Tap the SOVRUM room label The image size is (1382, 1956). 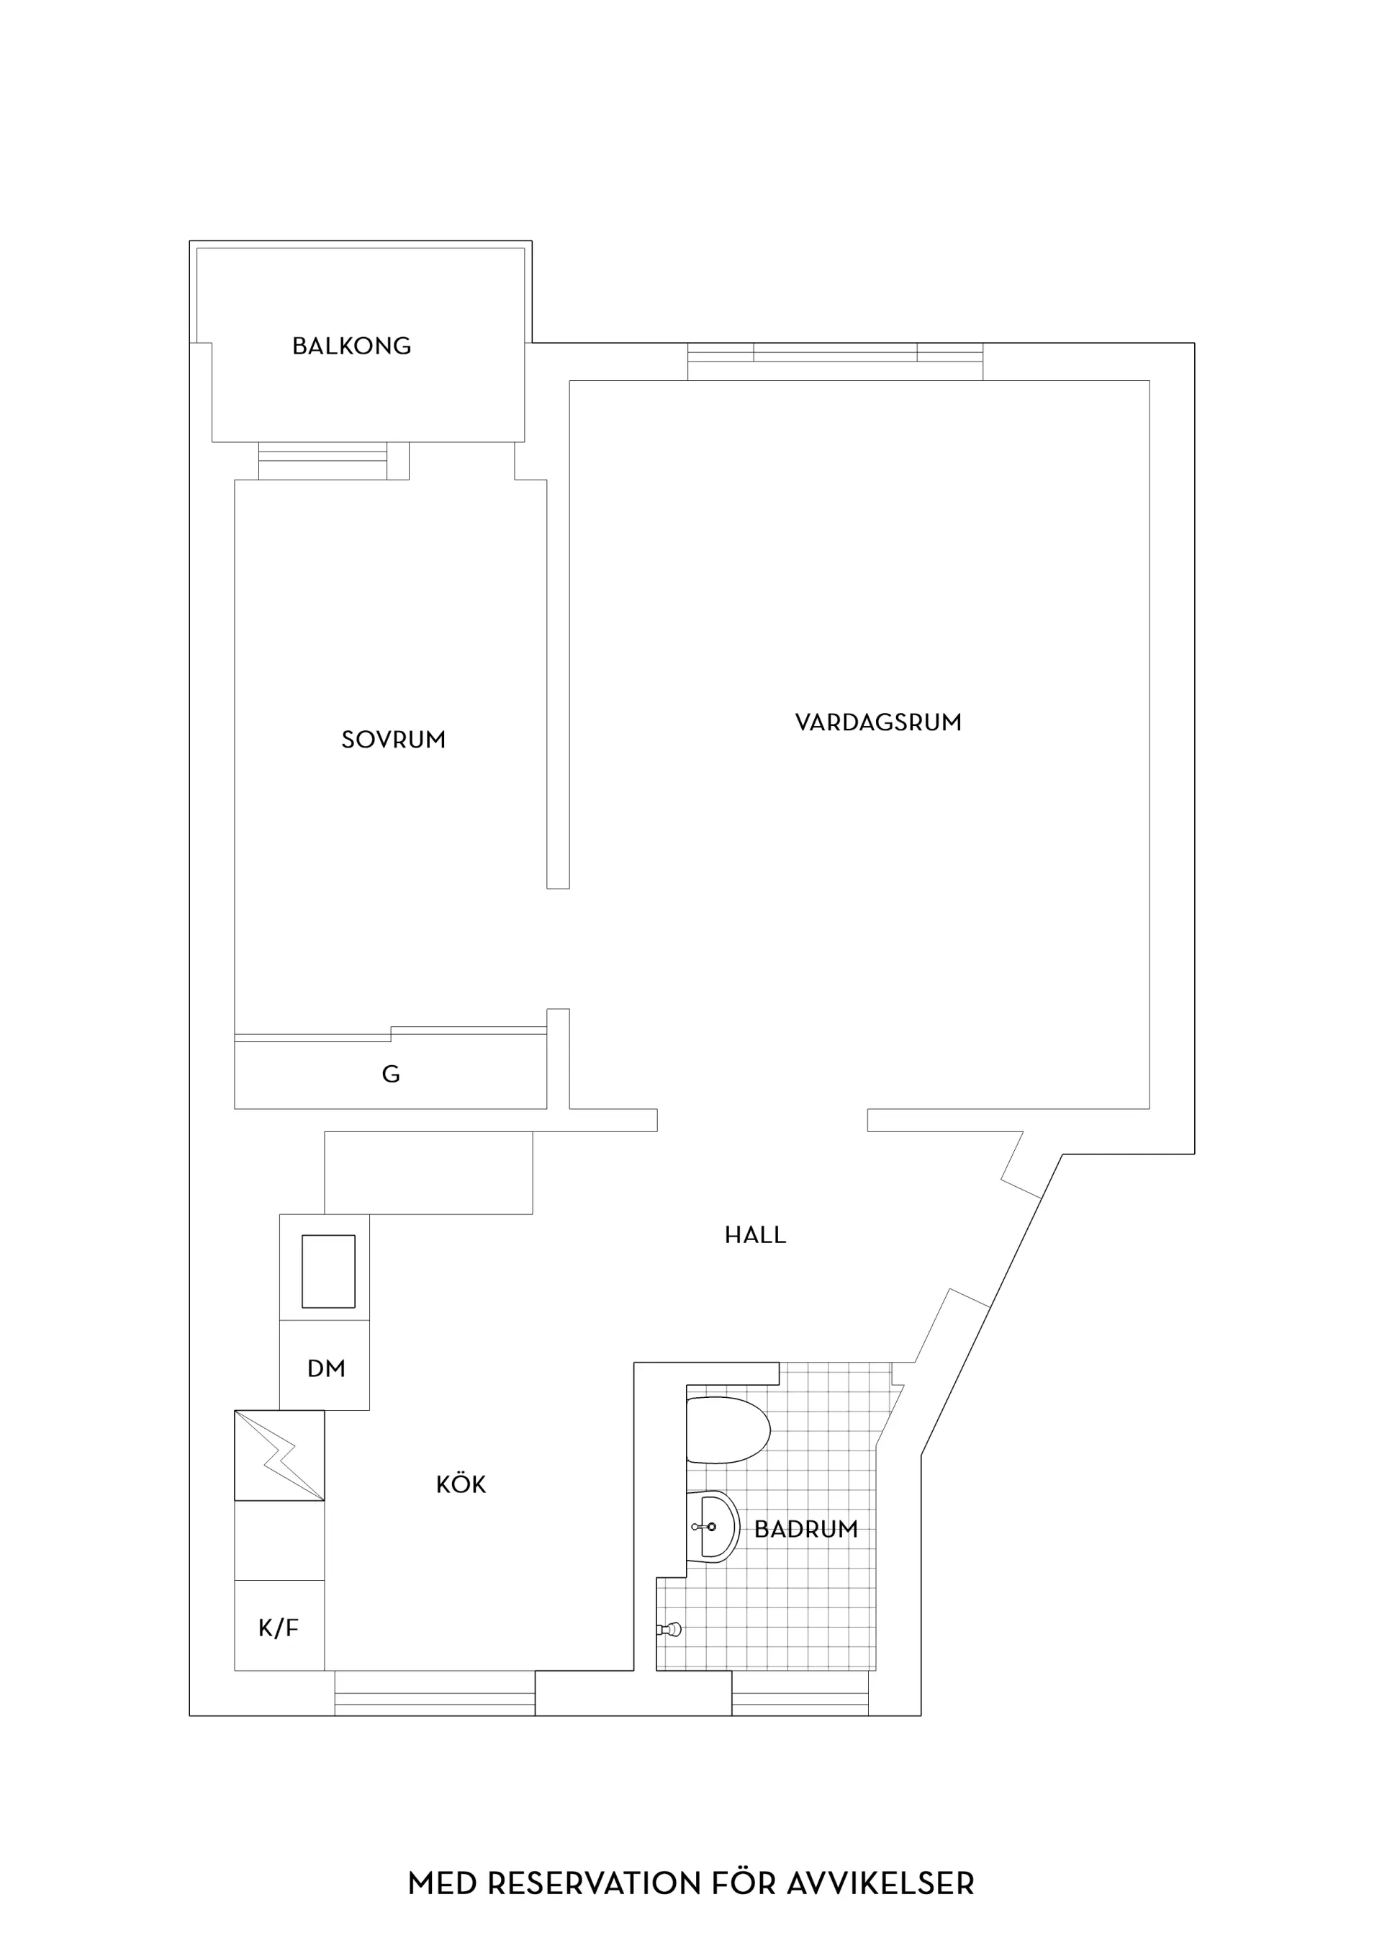[394, 740]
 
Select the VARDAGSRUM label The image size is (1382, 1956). [878, 722]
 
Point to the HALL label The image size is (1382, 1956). [755, 1234]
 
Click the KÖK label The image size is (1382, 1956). [461, 1484]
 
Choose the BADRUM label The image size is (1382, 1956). [805, 1529]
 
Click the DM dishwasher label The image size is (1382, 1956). [326, 1369]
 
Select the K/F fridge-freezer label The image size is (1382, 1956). [279, 1628]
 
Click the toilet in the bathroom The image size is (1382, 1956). [727, 1430]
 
